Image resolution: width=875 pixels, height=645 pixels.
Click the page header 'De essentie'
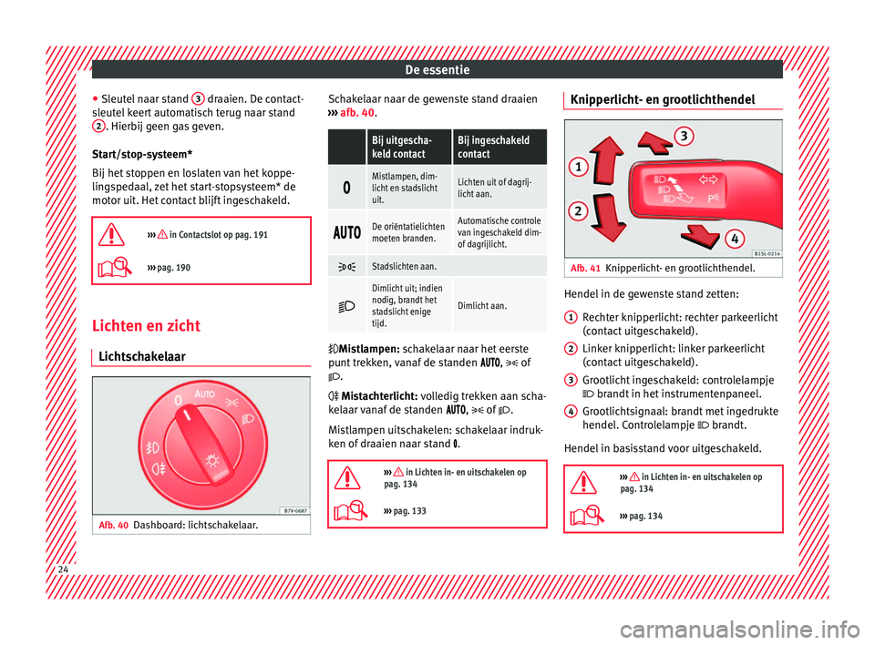point(437,68)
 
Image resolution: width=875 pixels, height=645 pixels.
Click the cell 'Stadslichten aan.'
point(404,265)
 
